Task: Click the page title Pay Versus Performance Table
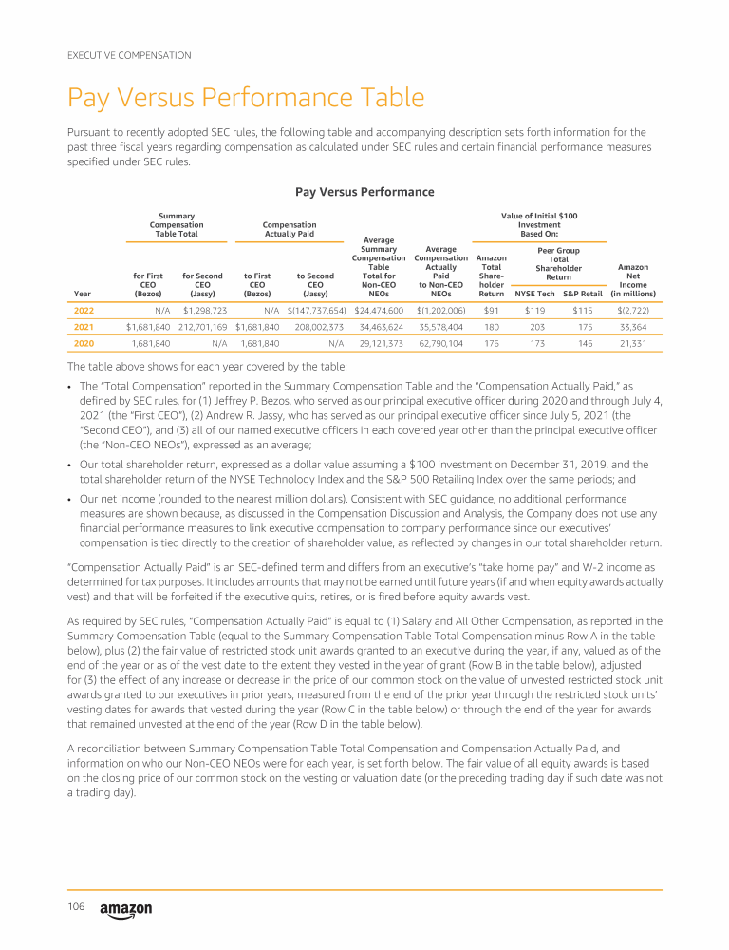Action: click(246, 99)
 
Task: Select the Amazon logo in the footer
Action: click(125, 910)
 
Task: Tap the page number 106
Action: click(77, 908)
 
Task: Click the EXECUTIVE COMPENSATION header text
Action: click(129, 56)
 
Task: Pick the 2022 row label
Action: click(84, 310)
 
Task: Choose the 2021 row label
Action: click(84, 326)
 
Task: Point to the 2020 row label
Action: click(84, 343)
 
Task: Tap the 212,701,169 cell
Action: click(202, 326)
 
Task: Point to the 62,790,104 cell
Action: click(440, 343)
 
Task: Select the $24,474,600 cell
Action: click(379, 310)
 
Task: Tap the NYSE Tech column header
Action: click(534, 294)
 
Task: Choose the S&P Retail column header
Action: click(583, 294)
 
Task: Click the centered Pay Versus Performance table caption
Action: click(364, 192)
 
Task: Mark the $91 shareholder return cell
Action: click(492, 310)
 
